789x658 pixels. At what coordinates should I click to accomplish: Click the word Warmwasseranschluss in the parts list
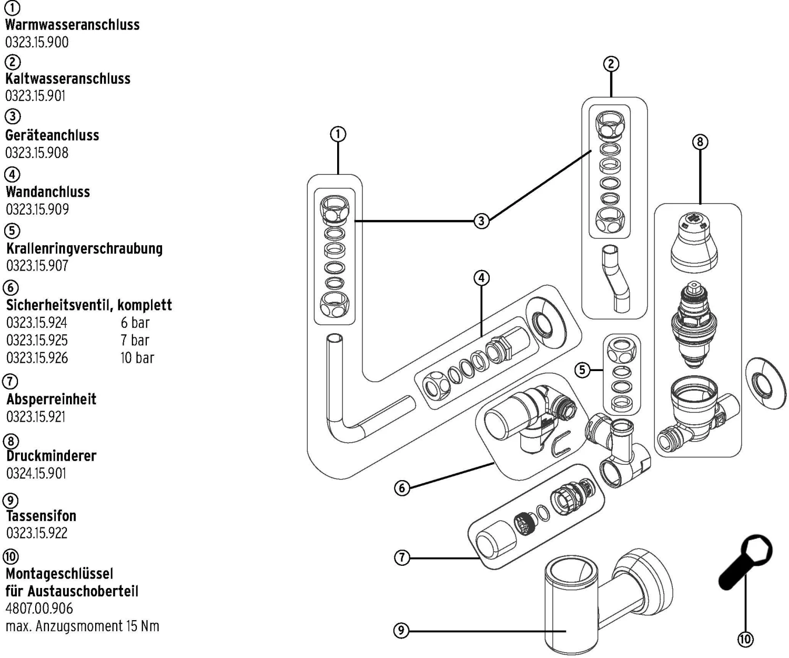coord(72,25)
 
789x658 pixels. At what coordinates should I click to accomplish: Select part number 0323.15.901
coord(35,96)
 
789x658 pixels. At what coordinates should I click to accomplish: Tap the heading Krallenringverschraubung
coord(84,248)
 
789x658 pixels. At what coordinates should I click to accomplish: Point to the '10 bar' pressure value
coord(137,358)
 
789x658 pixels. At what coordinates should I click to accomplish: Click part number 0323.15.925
coord(37,340)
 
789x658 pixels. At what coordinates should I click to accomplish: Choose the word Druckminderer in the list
coord(51,456)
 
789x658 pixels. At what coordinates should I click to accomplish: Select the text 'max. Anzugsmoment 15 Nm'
coord(82,626)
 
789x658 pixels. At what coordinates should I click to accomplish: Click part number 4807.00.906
coord(39,609)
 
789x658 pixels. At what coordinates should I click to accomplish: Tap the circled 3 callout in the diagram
coord(481,221)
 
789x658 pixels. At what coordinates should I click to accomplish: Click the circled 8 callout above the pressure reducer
coord(700,142)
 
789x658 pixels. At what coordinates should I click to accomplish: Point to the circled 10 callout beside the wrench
coord(745,639)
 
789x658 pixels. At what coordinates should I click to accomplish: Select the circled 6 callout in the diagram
coord(402,488)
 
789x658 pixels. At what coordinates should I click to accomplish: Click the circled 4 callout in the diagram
coord(481,277)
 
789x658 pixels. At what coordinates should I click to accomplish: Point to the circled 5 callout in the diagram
coord(582,370)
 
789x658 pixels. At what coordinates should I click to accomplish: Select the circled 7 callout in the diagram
coord(402,557)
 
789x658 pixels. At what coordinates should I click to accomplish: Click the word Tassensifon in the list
coord(41,515)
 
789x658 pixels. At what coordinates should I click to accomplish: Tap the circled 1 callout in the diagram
coord(338,134)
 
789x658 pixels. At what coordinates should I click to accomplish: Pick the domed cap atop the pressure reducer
coord(694,242)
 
